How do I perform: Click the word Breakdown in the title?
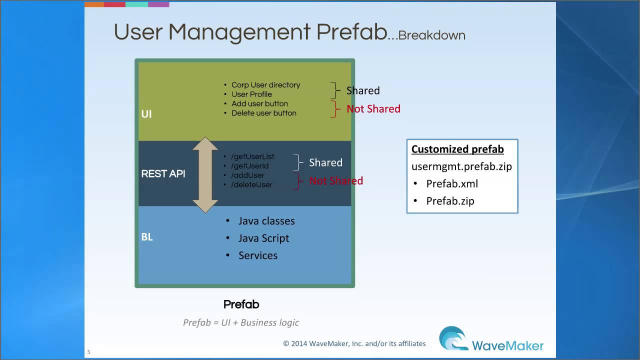tap(431, 35)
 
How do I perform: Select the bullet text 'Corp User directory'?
tap(265, 85)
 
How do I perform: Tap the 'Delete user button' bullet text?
tap(263, 113)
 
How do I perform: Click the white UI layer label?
tap(146, 114)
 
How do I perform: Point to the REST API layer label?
tap(163, 173)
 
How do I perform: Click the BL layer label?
tap(147, 237)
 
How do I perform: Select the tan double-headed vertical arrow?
tap(205, 175)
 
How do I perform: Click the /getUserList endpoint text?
tap(252, 156)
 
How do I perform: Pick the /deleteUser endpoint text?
tap(251, 185)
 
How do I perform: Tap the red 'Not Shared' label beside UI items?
tap(373, 109)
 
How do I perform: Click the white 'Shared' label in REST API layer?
tap(325, 162)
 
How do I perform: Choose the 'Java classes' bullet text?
tap(266, 221)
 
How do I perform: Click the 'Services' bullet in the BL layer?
tap(258, 255)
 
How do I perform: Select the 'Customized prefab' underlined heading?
tap(457, 149)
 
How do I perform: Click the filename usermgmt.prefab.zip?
tap(461, 166)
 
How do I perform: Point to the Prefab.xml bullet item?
tap(452, 183)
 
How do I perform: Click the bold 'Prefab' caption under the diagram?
tap(241, 304)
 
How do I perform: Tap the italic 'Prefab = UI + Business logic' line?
tap(241, 322)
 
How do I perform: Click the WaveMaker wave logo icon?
tap(453, 338)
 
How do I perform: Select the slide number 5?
tap(89, 352)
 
